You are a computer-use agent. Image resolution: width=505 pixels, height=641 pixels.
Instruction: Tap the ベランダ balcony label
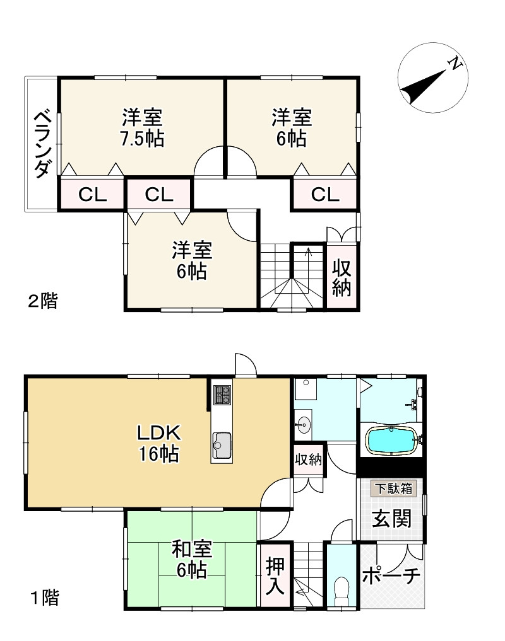click(x=42, y=143)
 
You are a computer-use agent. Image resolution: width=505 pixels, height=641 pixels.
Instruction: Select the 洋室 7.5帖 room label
click(x=142, y=127)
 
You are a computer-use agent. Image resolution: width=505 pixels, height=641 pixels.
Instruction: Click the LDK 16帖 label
click(x=160, y=443)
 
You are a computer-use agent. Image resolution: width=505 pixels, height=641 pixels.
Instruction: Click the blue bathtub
click(x=391, y=440)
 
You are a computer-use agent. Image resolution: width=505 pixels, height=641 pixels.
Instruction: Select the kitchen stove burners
click(x=222, y=395)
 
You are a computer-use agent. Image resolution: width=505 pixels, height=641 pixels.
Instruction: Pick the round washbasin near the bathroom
click(x=304, y=424)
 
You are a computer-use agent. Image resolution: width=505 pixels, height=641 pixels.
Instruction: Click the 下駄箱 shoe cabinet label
click(x=392, y=488)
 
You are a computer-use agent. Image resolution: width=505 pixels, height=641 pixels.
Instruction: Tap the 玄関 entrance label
click(x=391, y=519)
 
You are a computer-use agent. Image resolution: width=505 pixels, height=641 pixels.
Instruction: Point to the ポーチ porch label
click(x=391, y=577)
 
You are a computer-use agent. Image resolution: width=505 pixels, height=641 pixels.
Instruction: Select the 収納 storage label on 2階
click(x=342, y=277)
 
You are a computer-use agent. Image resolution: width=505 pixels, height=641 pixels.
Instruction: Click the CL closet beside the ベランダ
click(x=92, y=195)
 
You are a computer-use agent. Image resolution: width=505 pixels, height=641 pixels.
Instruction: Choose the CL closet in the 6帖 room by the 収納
click(x=325, y=195)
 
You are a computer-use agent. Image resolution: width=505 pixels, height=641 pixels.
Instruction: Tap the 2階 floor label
click(x=42, y=301)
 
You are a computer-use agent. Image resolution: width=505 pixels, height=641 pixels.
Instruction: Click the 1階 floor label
click(x=44, y=597)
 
